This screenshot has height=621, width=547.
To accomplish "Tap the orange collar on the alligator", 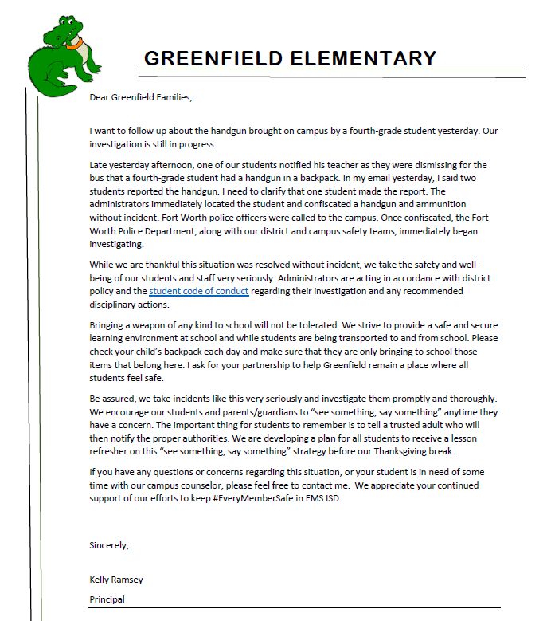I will (75, 44).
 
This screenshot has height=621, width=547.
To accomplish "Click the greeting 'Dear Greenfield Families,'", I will (141, 98).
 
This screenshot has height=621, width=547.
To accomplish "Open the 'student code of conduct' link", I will (199, 291).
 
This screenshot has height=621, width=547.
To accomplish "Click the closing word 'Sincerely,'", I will (109, 546).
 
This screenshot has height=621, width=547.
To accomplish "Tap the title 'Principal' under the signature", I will (107, 599).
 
